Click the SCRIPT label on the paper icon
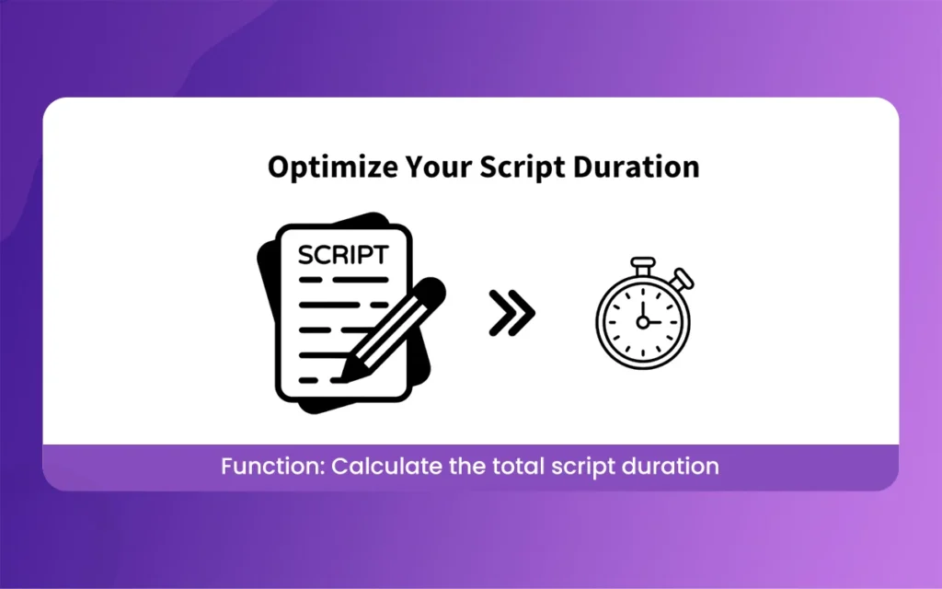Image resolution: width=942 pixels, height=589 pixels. point(343,255)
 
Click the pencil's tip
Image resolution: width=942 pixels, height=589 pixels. point(348,374)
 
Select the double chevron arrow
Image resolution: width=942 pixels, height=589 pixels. point(511,316)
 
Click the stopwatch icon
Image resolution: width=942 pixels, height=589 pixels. point(643,318)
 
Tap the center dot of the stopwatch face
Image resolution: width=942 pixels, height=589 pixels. point(643,322)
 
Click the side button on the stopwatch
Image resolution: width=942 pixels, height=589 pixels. point(684,277)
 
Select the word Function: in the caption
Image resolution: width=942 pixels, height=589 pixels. point(272,467)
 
